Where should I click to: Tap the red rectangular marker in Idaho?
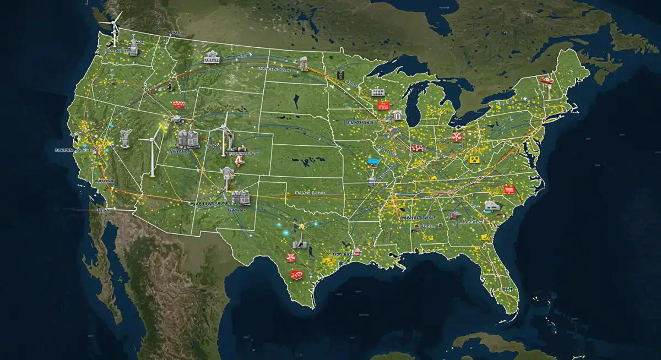coord(178,103)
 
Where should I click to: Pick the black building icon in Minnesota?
coord(342,75)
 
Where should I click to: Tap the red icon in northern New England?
coord(546,80)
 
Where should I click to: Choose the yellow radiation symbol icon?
coord(473,159)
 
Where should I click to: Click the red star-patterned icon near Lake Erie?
coord(456,137)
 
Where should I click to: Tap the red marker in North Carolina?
coord(509,190)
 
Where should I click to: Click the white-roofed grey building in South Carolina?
coord(491,207)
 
